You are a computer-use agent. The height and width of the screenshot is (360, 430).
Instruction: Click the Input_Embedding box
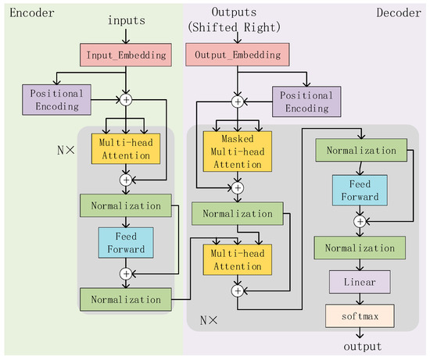[125, 55]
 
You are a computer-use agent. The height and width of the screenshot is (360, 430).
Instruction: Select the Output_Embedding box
[237, 55]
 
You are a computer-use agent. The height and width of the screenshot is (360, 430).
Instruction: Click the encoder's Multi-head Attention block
[125, 148]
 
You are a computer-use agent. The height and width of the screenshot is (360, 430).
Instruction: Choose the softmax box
[359, 315]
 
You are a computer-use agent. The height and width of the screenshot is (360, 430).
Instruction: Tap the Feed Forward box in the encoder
[125, 242]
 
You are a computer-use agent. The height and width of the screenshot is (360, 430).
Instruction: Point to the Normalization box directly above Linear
[359, 248]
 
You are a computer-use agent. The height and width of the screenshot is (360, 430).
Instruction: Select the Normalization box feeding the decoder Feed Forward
[359, 150]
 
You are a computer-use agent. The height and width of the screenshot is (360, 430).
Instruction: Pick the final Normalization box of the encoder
[125, 299]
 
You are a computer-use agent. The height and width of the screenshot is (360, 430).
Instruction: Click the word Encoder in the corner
[24, 12]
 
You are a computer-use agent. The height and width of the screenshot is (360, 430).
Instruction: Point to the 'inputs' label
[126, 20]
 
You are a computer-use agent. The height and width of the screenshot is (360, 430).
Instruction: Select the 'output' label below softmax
[359, 346]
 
